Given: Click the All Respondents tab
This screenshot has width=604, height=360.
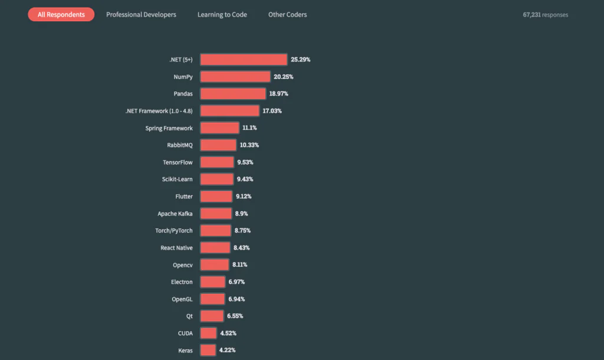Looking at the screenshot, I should pos(61,15).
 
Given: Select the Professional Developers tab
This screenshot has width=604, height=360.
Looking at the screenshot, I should pos(141,15).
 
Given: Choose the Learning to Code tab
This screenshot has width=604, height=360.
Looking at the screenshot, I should pos(222,15).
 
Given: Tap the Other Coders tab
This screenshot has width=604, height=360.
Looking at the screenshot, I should pos(287,15).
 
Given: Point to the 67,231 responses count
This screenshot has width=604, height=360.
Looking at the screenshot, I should pos(545,15).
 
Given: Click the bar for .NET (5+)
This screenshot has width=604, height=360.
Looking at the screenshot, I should pos(244,60).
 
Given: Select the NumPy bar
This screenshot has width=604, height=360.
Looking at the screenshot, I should pos(235,77).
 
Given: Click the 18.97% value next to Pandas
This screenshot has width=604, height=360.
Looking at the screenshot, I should pos(278,94).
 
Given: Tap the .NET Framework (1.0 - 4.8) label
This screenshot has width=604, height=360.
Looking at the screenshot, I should pos(159,111).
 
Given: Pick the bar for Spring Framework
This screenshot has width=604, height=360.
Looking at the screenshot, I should pos(219,128).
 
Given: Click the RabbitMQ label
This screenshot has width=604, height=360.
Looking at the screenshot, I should pos(179,145).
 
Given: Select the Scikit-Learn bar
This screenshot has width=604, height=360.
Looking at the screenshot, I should pos(216,179).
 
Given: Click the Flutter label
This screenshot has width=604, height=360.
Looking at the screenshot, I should pos(183,196).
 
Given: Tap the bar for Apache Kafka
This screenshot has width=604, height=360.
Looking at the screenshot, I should pos(216,213).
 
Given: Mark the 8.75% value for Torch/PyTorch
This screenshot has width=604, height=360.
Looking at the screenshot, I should pos(244,230).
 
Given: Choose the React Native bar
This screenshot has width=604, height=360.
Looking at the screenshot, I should pos(215,247).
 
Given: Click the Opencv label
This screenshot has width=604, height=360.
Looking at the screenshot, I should pos(182,265).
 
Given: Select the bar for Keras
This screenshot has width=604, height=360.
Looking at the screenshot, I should pos(208,350).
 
